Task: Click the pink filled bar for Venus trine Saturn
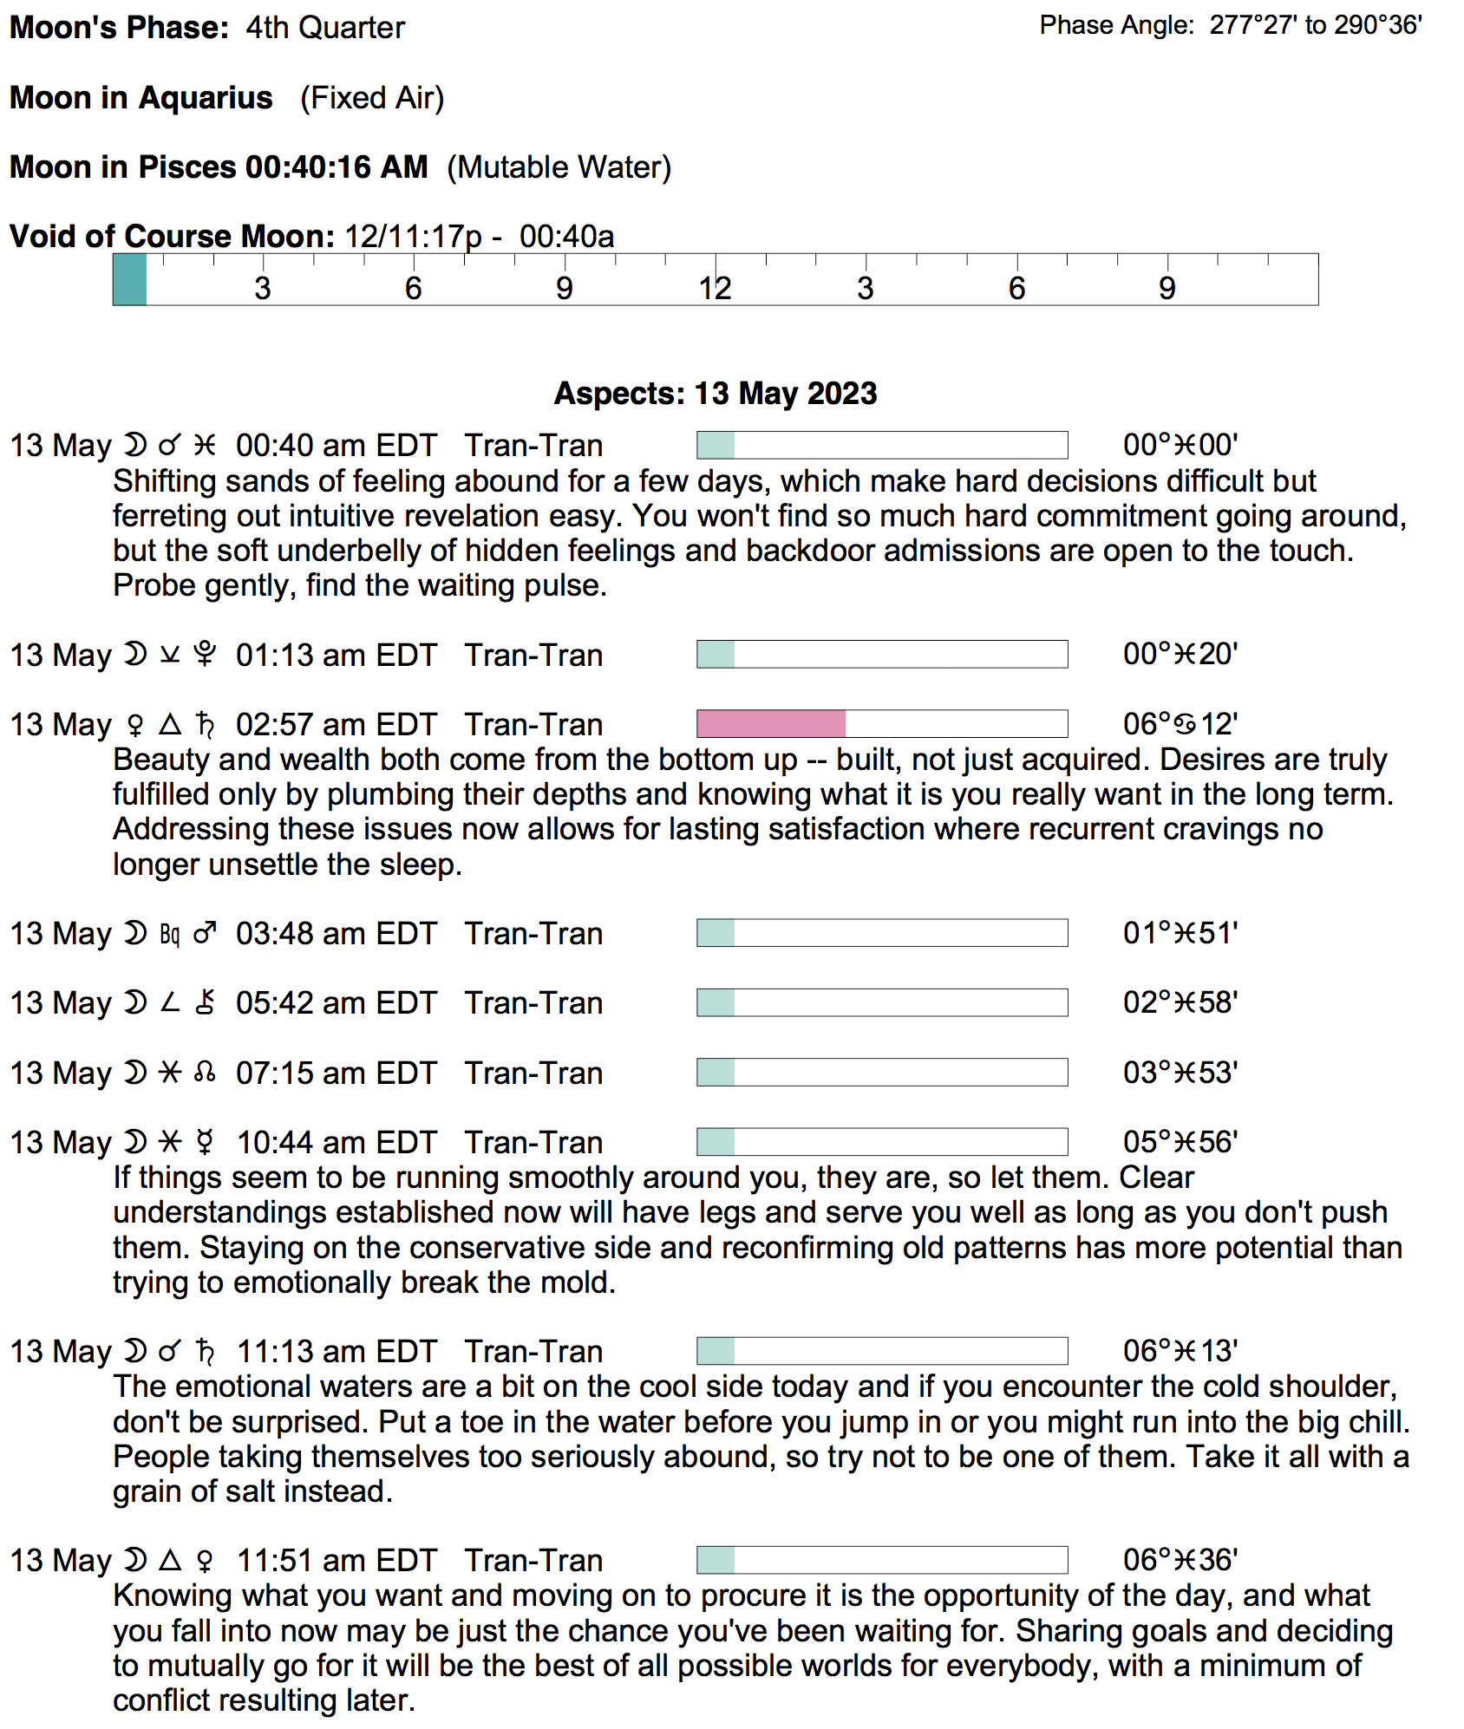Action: pyautogui.click(x=771, y=723)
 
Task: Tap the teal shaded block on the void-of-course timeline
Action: pyautogui.click(x=130, y=279)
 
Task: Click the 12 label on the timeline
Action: pyautogui.click(x=715, y=288)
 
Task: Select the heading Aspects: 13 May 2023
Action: pyautogui.click(x=716, y=393)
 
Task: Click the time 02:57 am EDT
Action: pyautogui.click(x=337, y=724)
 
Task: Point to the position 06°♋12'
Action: pyautogui.click(x=1180, y=723)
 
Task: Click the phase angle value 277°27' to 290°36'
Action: pyautogui.click(x=1316, y=25)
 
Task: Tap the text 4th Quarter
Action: pyautogui.click(x=325, y=28)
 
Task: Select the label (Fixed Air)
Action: pyautogui.click(x=372, y=98)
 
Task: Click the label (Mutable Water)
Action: pyautogui.click(x=559, y=166)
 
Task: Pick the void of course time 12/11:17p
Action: pyautogui.click(x=413, y=236)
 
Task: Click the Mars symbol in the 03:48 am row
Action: pyautogui.click(x=205, y=933)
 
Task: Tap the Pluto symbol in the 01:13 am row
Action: pyautogui.click(x=205, y=655)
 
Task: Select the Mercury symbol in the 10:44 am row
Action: pyautogui.click(x=205, y=1142)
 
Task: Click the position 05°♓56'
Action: pyautogui.click(x=1180, y=1142)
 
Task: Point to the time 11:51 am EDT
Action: pyautogui.click(x=337, y=1560)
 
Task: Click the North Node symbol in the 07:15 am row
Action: pyautogui.click(x=205, y=1073)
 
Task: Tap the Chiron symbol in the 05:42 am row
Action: pyautogui.click(x=205, y=1003)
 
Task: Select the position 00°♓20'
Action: pyautogui.click(x=1180, y=654)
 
